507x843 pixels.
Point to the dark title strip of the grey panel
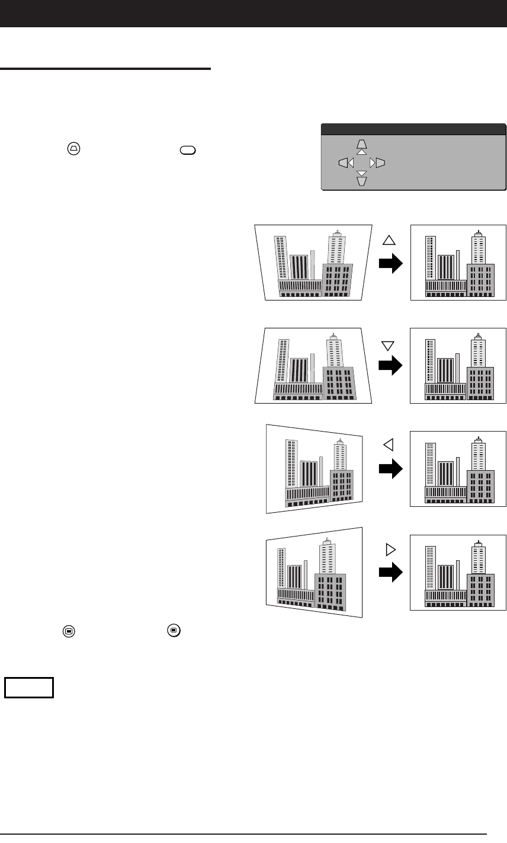(x=413, y=128)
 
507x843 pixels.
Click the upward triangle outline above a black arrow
(x=389, y=240)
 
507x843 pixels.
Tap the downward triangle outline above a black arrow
(x=389, y=344)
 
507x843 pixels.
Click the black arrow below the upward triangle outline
(x=390, y=263)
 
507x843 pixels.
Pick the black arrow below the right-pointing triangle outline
(x=390, y=573)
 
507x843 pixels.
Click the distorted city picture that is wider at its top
(x=313, y=262)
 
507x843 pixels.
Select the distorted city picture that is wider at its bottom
(x=313, y=365)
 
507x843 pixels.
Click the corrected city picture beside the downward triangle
(x=458, y=365)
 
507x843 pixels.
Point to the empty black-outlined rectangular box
(x=29, y=687)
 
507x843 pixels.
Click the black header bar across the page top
(x=254, y=13)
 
